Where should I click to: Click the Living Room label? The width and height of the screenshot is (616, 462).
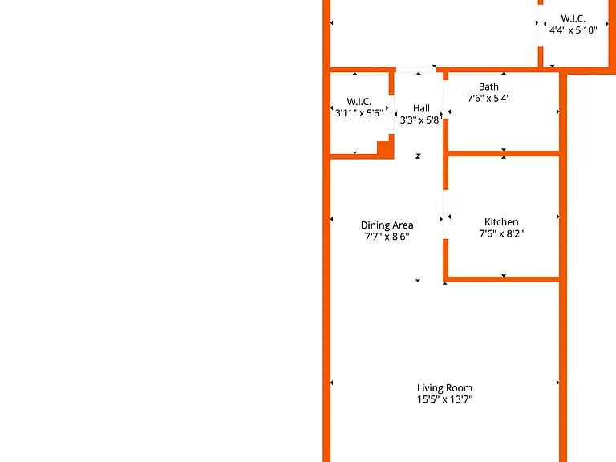(444, 388)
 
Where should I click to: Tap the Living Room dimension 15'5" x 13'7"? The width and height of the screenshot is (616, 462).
(444, 399)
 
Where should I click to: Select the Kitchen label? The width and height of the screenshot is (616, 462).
(501, 222)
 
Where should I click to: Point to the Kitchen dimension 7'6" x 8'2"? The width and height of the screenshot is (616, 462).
(501, 233)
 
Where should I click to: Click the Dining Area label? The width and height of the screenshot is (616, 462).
(387, 225)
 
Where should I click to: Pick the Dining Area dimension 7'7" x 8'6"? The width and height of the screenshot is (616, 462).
(387, 237)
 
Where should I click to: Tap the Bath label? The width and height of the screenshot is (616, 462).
(488, 87)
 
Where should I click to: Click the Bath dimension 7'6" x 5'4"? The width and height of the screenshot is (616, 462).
(488, 98)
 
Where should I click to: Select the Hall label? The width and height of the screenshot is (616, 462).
(421, 108)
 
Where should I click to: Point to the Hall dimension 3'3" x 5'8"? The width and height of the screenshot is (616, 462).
(421, 120)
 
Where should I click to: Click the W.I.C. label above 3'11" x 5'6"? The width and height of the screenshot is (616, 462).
(359, 102)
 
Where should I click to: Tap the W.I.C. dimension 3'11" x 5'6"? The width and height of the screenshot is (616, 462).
(359, 113)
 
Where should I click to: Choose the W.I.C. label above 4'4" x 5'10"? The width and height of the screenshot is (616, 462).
(573, 18)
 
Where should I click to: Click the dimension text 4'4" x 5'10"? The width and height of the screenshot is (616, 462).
(573, 30)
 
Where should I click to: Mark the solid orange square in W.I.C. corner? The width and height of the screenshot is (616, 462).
(385, 149)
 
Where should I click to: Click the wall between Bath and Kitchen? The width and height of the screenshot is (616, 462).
(504, 154)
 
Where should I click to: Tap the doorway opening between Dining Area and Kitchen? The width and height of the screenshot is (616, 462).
(445, 214)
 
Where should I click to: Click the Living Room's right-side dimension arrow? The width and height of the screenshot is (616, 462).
(558, 383)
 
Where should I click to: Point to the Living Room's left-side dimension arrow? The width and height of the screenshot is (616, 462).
(331, 383)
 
